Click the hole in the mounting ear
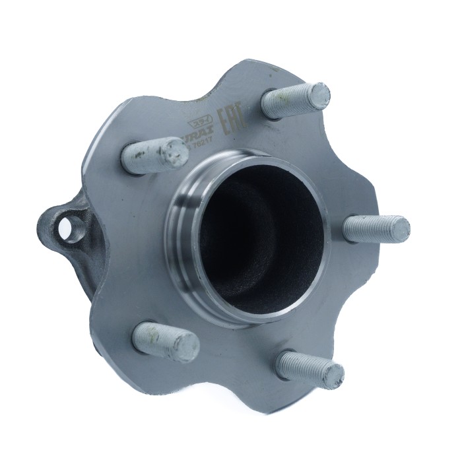click(67, 229)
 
